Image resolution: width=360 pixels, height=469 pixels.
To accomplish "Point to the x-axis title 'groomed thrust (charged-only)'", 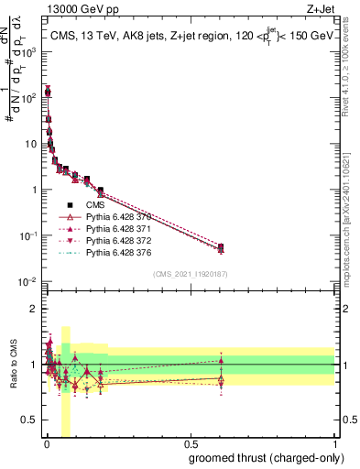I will [267, 457].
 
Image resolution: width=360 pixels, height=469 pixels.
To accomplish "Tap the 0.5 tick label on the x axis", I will [190, 445].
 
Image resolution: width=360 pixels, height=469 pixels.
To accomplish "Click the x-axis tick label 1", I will [334, 445].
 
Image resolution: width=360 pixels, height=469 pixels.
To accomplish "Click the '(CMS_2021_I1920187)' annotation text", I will [190, 274].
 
